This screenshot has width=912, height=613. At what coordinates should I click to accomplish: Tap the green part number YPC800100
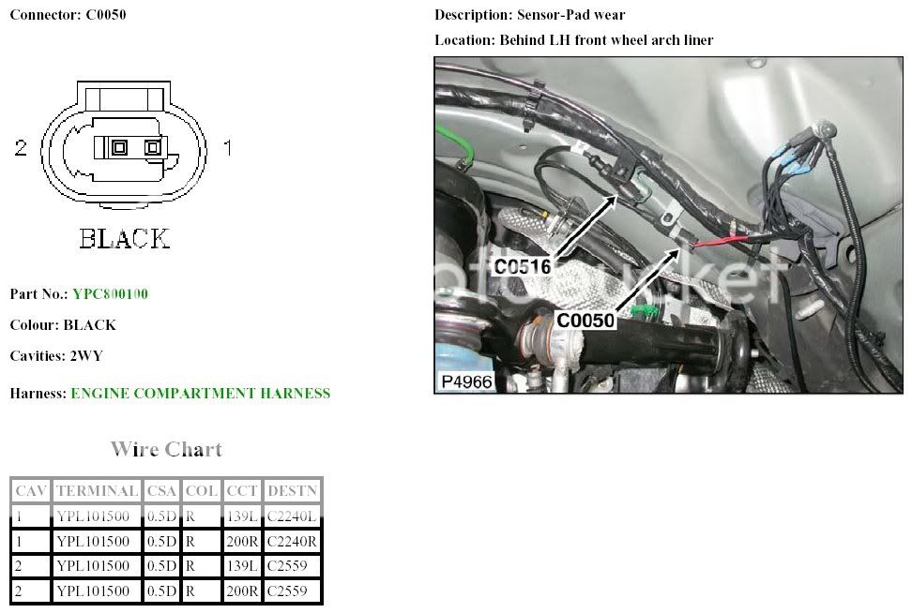click(110, 294)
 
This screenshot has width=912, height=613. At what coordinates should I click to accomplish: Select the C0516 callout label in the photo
click(522, 267)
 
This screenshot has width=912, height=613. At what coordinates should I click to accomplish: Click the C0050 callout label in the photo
click(585, 321)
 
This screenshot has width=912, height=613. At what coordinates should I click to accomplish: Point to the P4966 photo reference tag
click(464, 381)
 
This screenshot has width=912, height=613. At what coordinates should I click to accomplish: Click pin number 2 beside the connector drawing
click(22, 148)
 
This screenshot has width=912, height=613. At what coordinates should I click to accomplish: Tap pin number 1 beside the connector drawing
click(226, 148)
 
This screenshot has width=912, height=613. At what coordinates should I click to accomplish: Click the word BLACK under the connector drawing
click(125, 239)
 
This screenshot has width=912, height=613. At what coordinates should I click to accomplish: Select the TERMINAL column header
click(97, 490)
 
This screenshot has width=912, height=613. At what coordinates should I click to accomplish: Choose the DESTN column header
click(293, 490)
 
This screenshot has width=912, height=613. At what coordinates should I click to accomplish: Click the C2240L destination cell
click(293, 516)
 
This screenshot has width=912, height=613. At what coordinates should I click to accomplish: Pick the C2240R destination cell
click(293, 541)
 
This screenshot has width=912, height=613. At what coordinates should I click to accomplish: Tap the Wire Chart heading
click(166, 449)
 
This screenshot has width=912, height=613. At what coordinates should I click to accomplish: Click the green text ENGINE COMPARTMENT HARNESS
click(200, 394)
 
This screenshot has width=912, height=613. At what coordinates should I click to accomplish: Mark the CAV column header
click(30, 490)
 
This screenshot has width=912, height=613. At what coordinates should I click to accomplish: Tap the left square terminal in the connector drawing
click(119, 148)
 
